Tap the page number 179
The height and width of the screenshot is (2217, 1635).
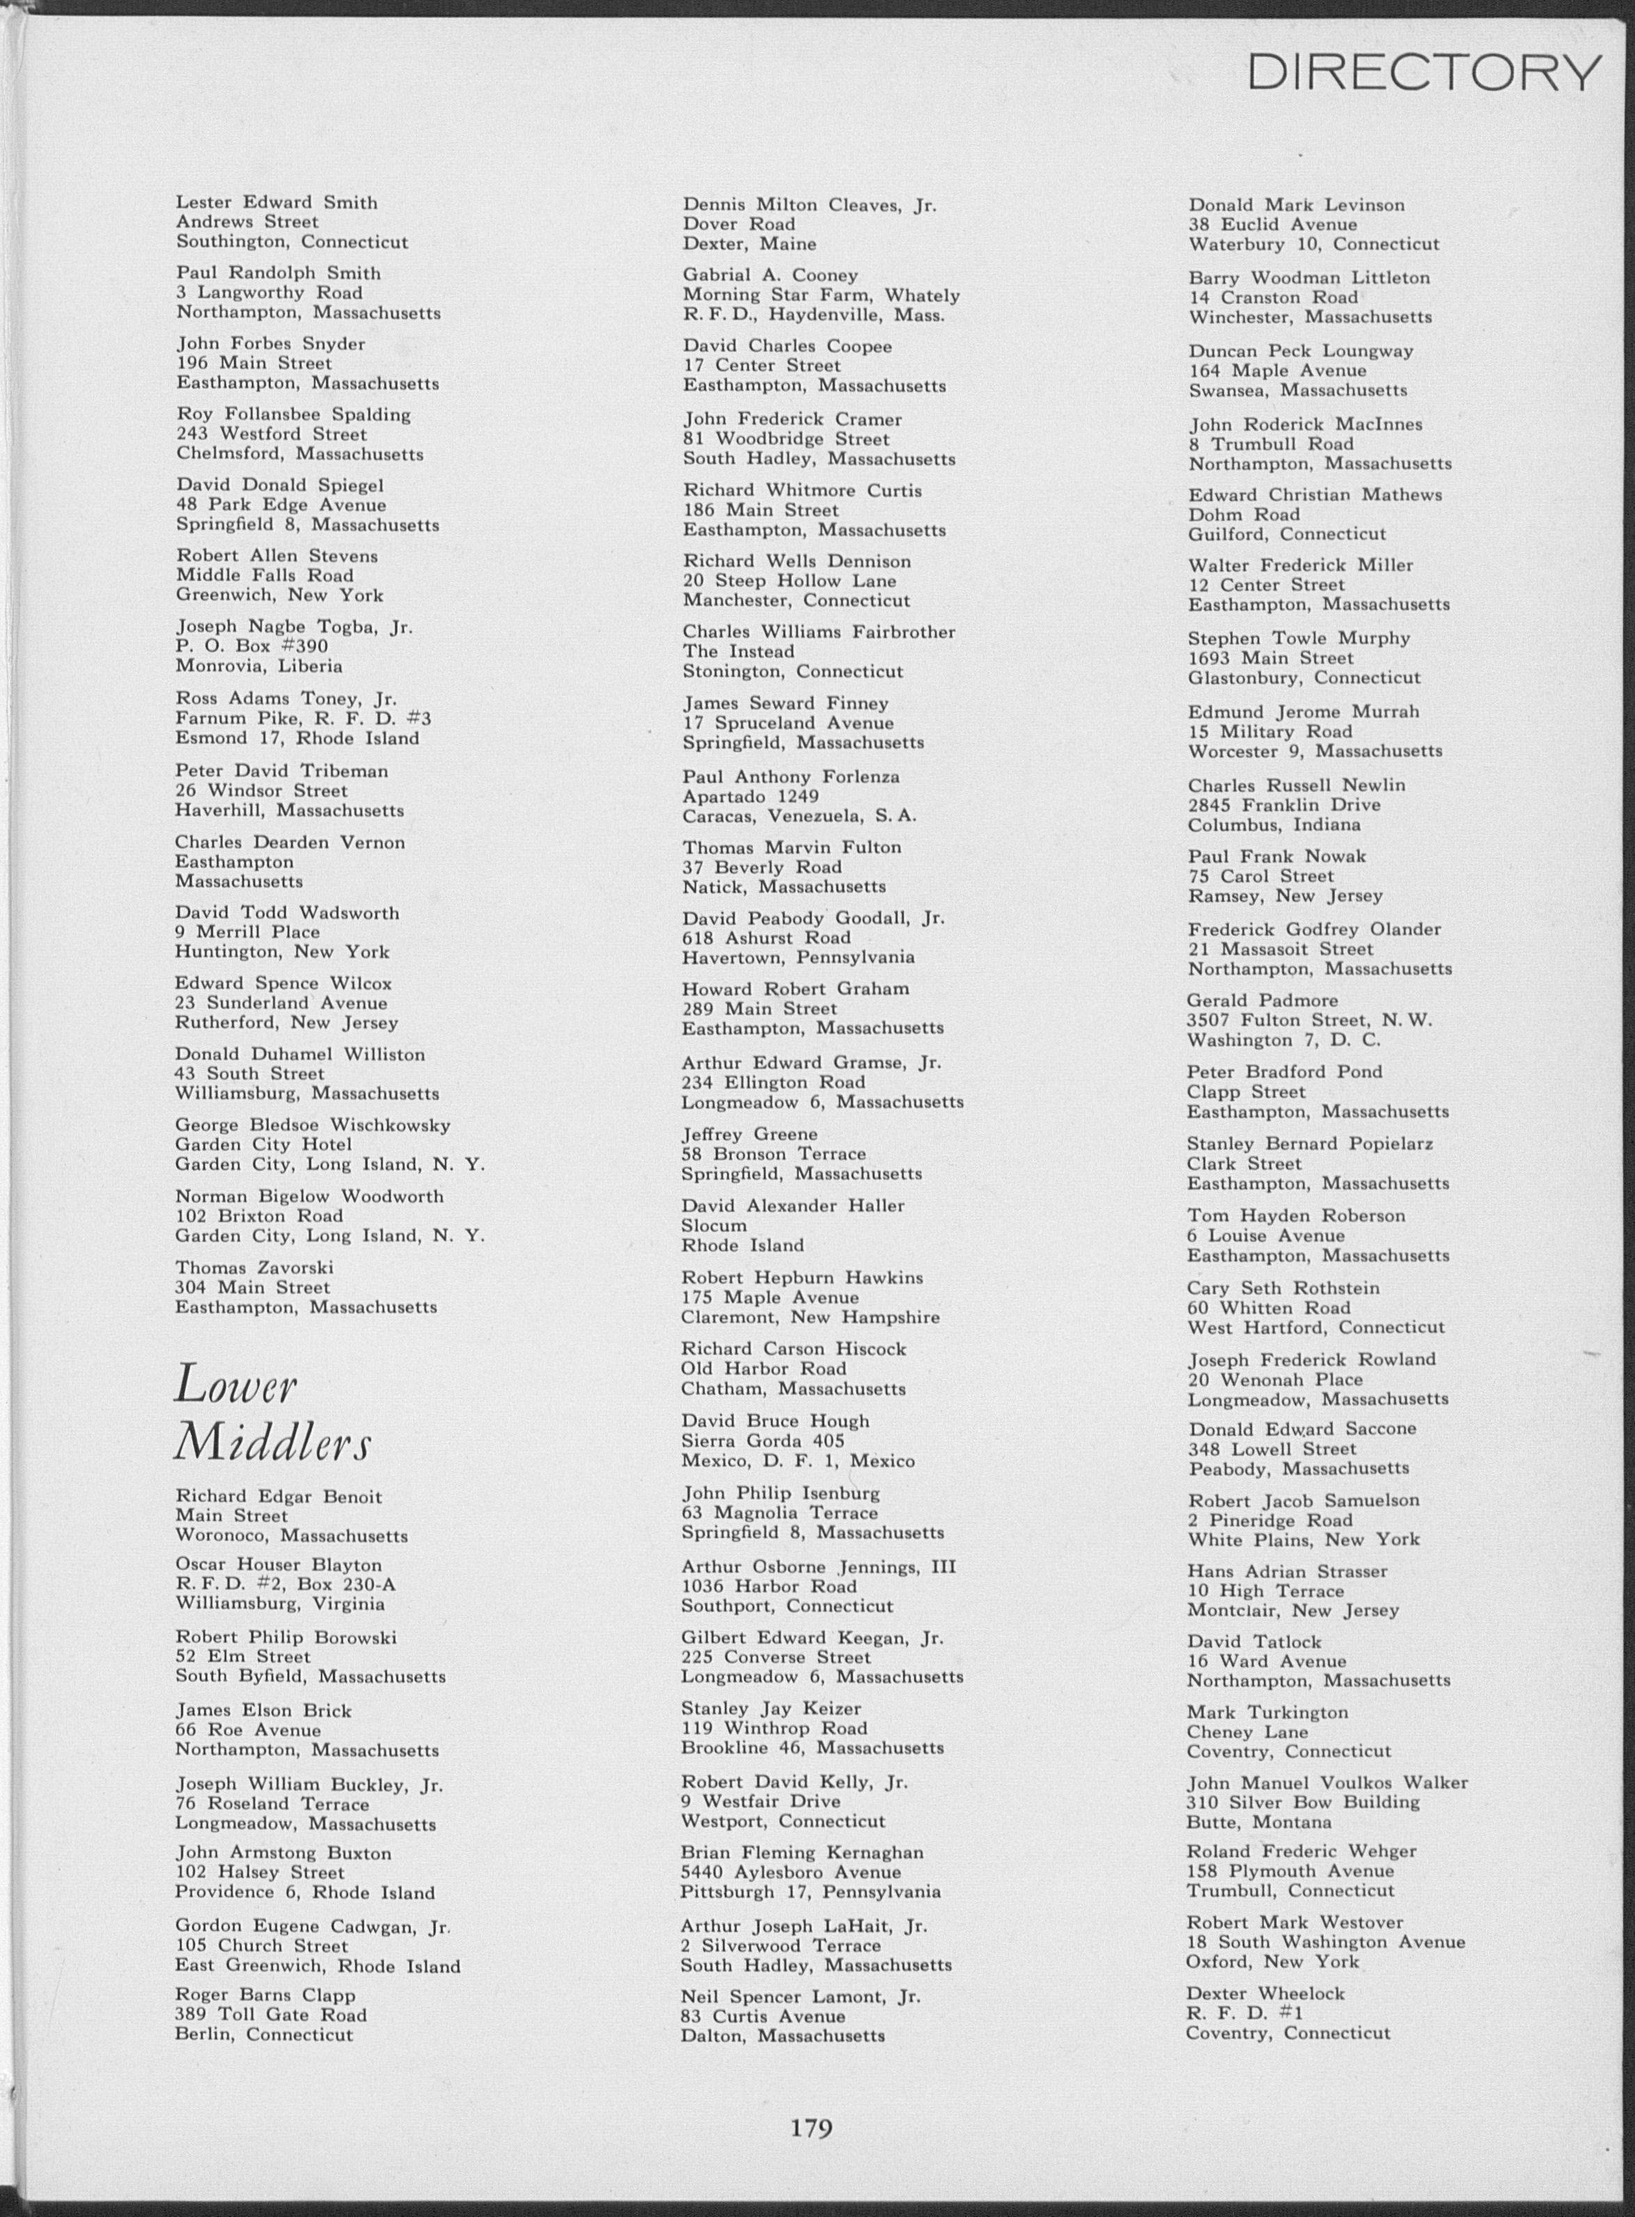pos(811,2126)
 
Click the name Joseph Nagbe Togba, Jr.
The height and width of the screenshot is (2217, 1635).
pos(294,626)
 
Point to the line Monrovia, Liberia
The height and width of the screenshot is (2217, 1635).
pos(259,666)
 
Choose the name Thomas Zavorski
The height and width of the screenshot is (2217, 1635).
pos(254,1268)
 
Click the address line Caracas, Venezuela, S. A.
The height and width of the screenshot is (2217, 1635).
pos(799,816)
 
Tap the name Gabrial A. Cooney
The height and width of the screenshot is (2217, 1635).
pos(770,275)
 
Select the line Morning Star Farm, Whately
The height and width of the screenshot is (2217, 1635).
pos(820,295)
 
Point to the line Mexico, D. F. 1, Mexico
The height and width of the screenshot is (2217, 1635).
pos(798,1461)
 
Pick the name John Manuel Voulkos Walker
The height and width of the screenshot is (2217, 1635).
pos(1327,1782)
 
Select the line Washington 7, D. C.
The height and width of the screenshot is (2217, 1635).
pos(1283,1040)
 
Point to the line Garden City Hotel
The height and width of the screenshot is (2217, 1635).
pos(263,1144)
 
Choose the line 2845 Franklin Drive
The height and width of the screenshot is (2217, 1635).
pos(1283,804)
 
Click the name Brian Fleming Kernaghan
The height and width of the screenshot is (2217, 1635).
pos(801,1853)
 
